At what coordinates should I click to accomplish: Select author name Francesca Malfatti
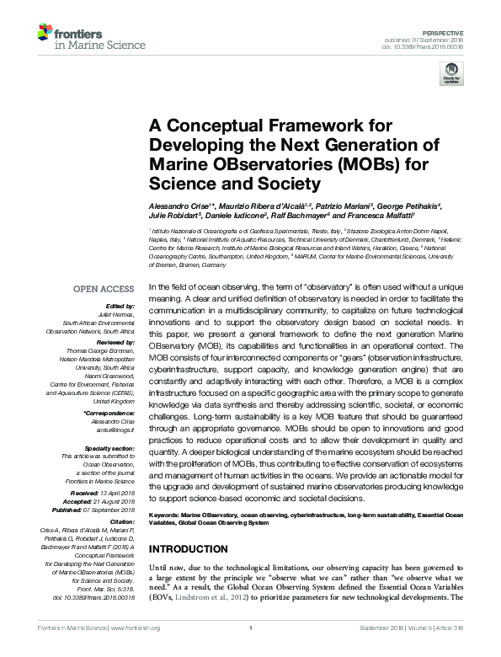point(385,216)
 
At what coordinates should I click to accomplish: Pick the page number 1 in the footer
point(251,649)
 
